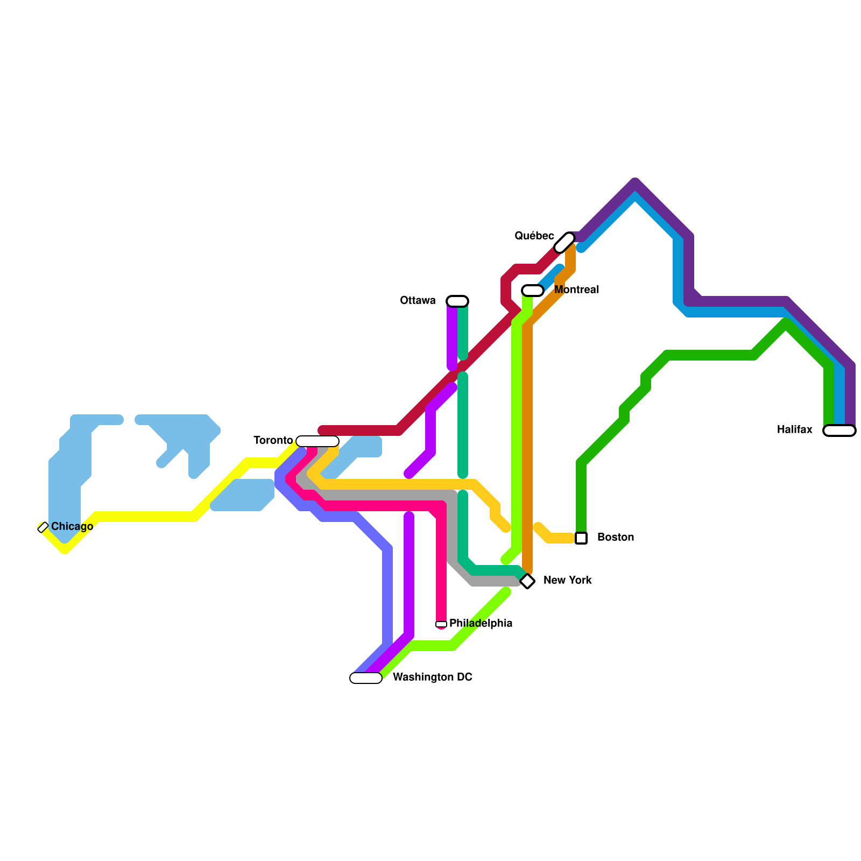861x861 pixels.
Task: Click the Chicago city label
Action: point(72,526)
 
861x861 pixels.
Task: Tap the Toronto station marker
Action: point(317,441)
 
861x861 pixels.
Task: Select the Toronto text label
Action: point(273,440)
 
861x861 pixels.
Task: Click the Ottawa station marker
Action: point(457,301)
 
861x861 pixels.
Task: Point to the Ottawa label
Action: point(418,300)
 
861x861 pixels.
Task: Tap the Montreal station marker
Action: point(533,291)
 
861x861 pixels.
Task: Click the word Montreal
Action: point(576,290)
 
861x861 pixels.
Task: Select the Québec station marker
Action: point(564,242)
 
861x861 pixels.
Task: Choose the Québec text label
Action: point(534,236)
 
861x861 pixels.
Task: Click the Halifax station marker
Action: point(839,430)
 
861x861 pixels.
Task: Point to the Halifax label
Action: point(794,429)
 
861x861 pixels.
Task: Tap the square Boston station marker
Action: point(581,538)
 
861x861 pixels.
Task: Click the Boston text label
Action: point(616,537)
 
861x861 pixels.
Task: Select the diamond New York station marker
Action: point(527,581)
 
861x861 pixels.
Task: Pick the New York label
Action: point(567,580)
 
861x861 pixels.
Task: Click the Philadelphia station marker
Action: point(441,624)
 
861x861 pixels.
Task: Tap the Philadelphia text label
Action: point(481,623)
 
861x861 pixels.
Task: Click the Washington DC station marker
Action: point(366,678)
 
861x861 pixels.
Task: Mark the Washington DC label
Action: point(432,677)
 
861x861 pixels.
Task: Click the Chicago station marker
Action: point(43,527)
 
